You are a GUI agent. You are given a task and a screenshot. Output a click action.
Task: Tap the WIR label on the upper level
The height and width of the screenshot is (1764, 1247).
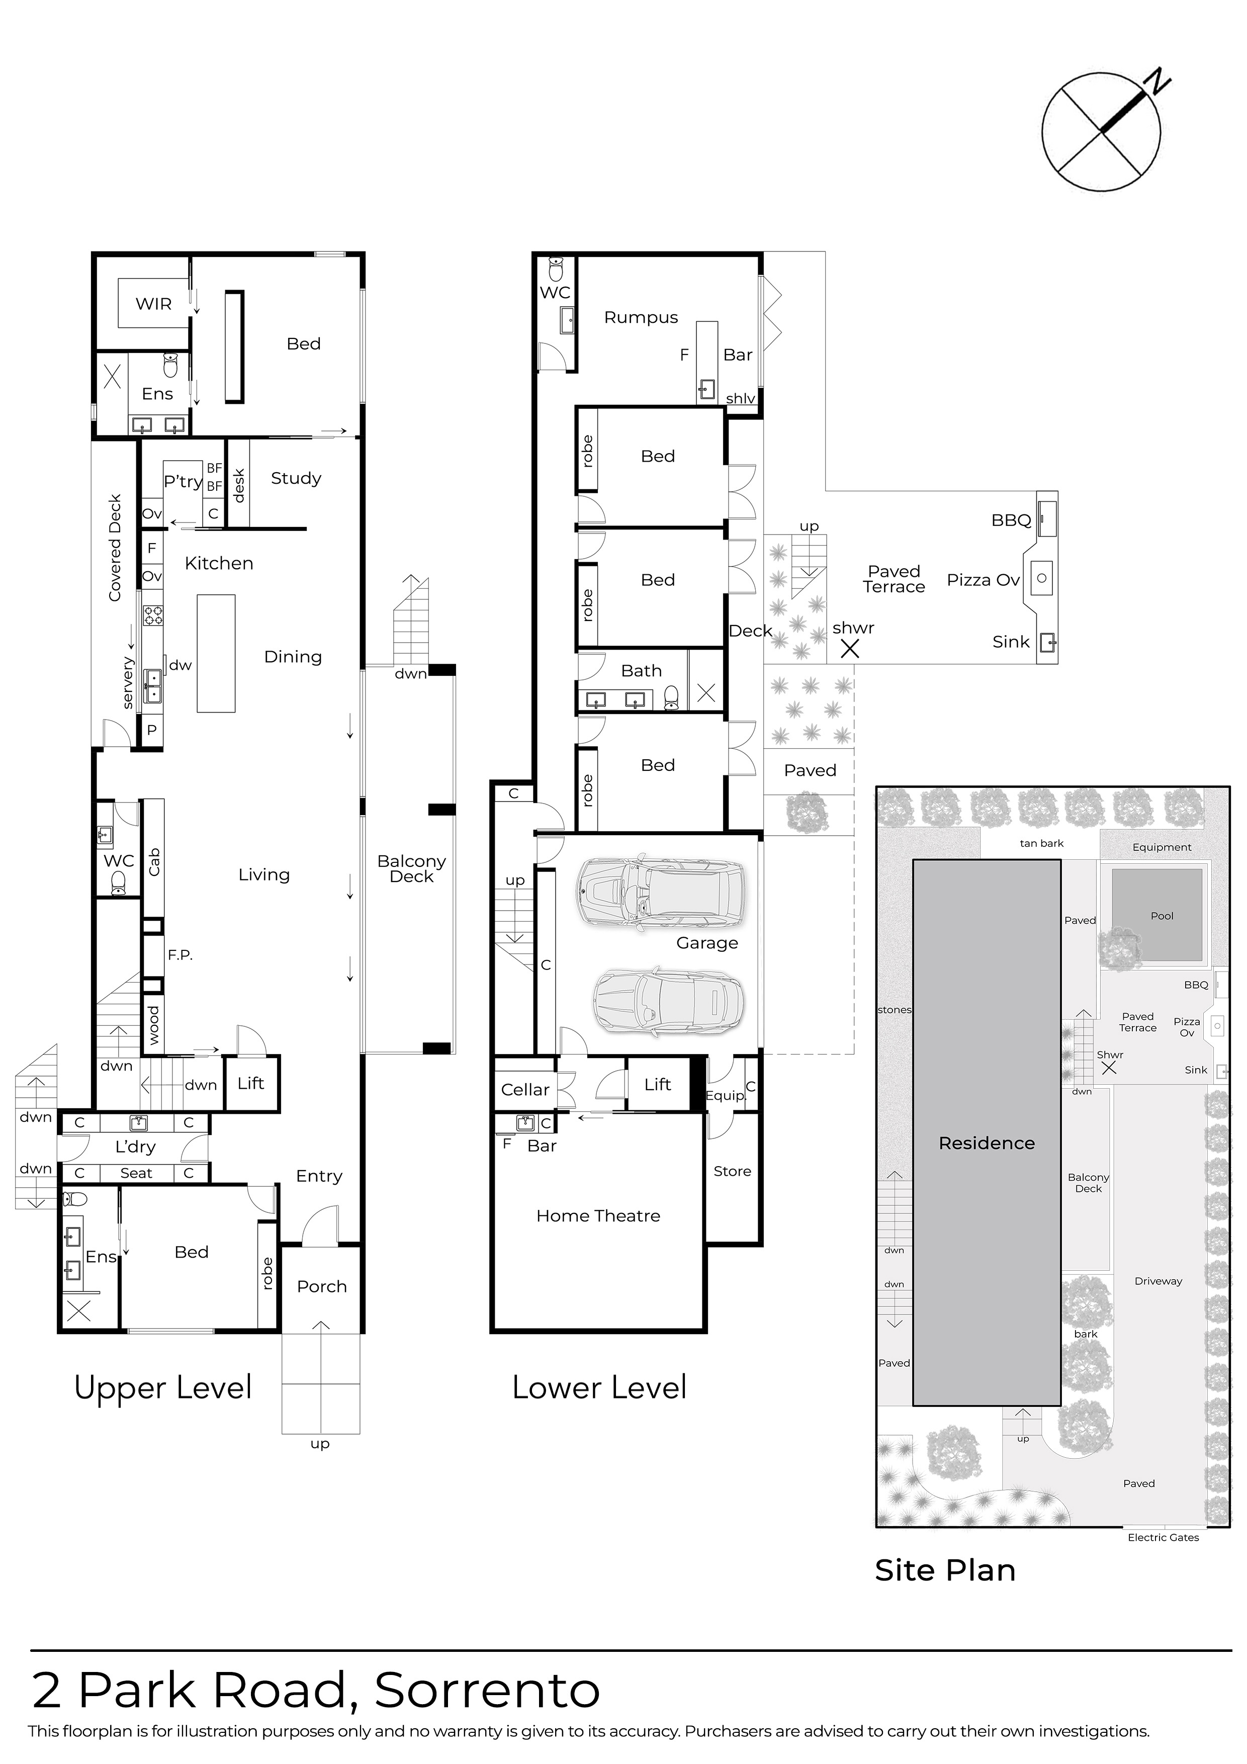pyautogui.click(x=154, y=304)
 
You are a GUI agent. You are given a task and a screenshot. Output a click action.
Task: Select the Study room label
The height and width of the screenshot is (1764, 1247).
pyautogui.click(x=296, y=479)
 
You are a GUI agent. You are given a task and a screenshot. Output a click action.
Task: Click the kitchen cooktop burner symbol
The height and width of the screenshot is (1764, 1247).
pyautogui.click(x=153, y=614)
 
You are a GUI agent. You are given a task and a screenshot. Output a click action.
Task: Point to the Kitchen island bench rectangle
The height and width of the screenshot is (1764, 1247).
pyautogui.click(x=216, y=653)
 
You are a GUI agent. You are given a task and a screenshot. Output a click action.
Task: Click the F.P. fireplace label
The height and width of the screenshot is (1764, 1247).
pyautogui.click(x=180, y=955)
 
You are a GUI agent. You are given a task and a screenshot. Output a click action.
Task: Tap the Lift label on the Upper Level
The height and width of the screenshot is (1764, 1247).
pyautogui.click(x=250, y=1083)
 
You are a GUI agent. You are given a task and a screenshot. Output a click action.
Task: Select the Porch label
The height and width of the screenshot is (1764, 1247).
pyautogui.click(x=322, y=1286)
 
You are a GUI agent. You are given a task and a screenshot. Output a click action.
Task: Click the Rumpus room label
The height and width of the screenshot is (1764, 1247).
pyautogui.click(x=641, y=317)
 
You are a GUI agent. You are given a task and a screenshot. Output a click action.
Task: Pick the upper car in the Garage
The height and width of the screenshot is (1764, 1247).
pyautogui.click(x=661, y=891)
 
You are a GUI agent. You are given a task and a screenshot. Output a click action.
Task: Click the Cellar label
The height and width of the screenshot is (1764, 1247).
pyautogui.click(x=525, y=1090)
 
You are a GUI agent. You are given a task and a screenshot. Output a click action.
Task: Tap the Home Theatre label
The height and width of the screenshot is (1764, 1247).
pyautogui.click(x=598, y=1215)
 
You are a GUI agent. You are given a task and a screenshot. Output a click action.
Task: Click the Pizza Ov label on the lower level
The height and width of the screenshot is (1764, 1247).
pyautogui.click(x=983, y=580)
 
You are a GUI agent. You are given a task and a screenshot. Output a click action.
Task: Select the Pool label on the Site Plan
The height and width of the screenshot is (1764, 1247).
pyautogui.click(x=1162, y=916)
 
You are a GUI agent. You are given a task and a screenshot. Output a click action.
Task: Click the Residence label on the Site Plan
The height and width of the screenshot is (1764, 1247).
pyautogui.click(x=987, y=1143)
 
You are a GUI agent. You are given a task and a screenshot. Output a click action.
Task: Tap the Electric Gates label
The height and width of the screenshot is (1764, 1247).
pyautogui.click(x=1163, y=1537)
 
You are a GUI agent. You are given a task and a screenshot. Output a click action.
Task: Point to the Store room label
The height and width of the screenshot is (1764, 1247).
pyautogui.click(x=732, y=1171)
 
